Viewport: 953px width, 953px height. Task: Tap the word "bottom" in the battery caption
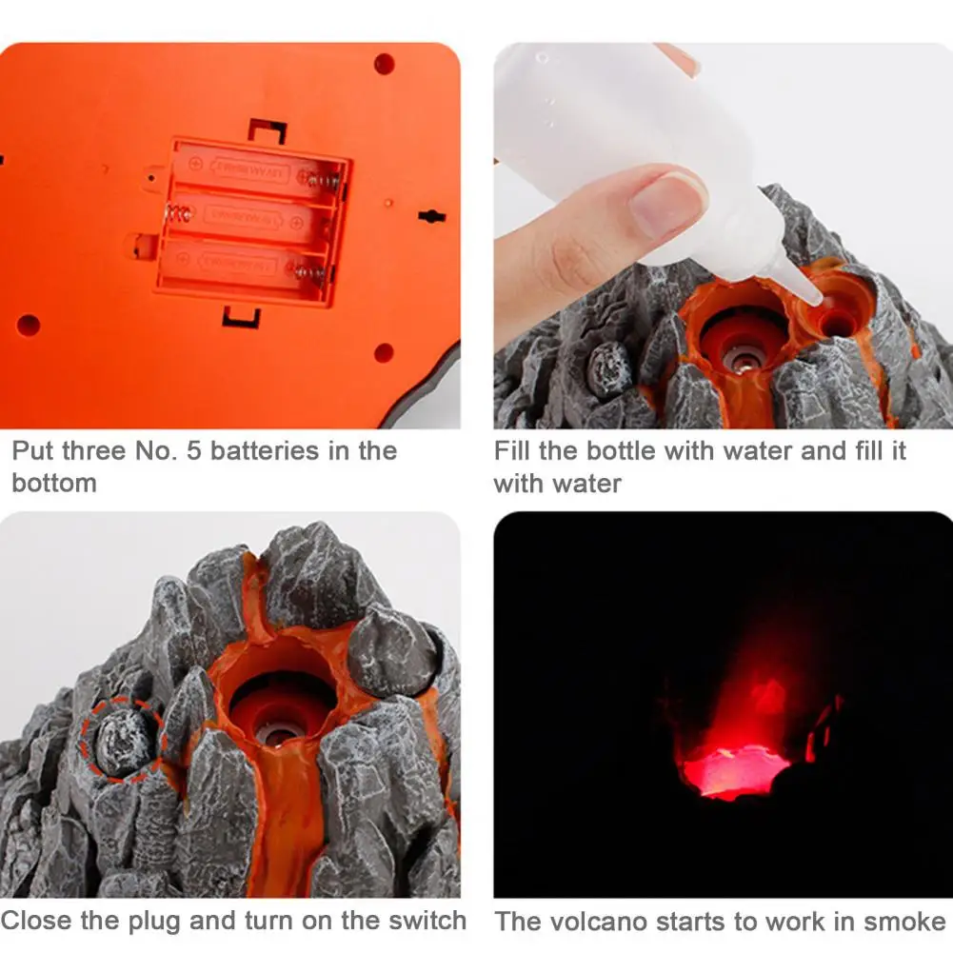click(54, 483)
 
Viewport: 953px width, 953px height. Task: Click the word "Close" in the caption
click(38, 921)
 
